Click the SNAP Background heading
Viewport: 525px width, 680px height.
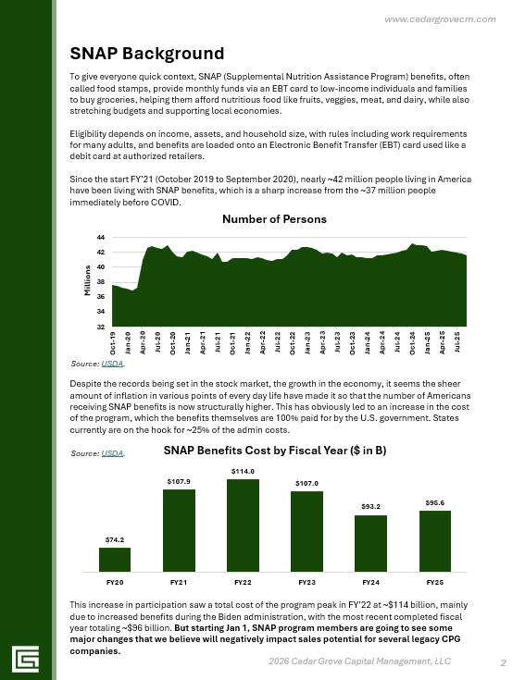pos(146,52)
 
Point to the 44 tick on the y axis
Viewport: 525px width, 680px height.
pos(100,238)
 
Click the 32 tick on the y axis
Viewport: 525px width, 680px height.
pos(100,327)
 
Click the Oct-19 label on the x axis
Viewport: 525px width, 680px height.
pos(113,343)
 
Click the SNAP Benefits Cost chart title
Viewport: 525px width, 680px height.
pos(274,451)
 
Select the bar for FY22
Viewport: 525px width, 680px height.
pos(243,525)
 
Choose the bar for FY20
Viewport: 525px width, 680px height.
pos(115,560)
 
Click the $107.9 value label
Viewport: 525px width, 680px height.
pos(179,482)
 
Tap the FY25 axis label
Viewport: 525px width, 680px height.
pos(434,583)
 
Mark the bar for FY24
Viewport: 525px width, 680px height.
pos(370,543)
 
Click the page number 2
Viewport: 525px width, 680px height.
pos(503,662)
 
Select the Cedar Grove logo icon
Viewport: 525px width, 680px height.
pos(25,658)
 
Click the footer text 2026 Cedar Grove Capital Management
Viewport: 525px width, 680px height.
pos(359,662)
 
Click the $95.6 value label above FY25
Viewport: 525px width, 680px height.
pos(434,502)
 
